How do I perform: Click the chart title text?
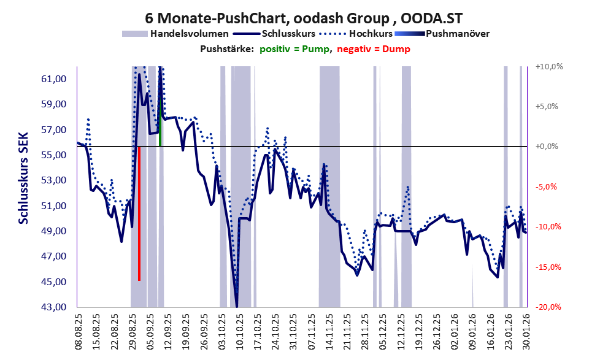304,18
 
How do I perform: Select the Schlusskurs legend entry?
295,34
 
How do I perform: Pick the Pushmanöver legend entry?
456,34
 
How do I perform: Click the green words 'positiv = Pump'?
294,49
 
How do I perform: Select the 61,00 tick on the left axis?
56,79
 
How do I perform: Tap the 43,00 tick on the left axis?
56,307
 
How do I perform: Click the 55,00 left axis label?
56,155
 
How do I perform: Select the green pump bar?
160,126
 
